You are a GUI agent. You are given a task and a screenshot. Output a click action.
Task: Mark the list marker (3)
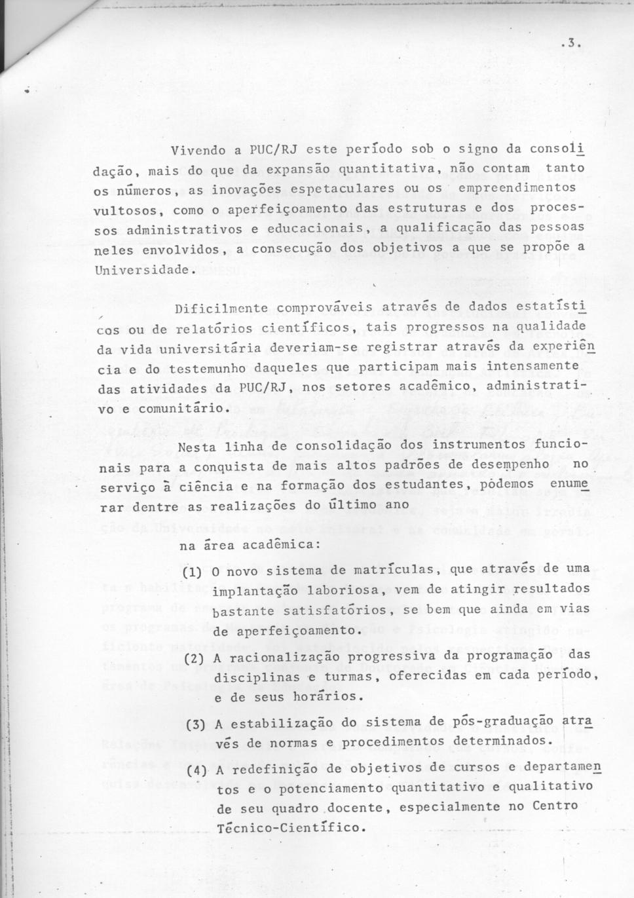pyautogui.click(x=196, y=724)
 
